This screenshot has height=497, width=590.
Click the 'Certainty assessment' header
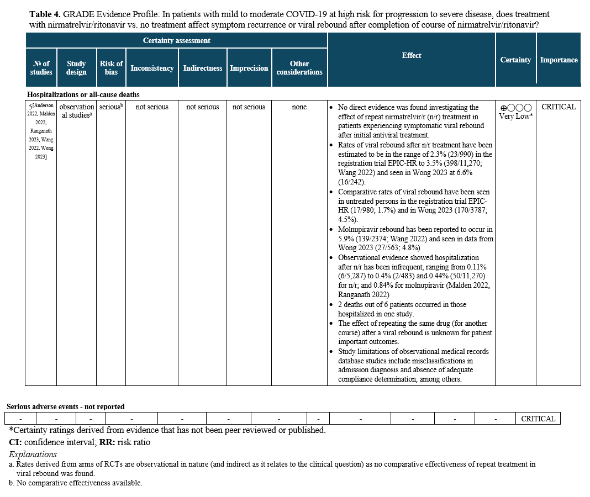[176, 40]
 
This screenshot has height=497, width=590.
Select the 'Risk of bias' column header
[111, 68]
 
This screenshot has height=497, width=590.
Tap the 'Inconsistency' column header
[152, 68]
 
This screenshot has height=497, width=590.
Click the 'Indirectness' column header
[202, 68]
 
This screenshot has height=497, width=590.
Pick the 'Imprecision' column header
[249, 68]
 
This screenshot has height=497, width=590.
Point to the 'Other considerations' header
[299, 68]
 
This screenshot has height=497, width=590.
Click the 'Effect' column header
[412, 55]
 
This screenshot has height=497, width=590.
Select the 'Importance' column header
[559, 60]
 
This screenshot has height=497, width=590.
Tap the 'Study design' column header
[76, 68]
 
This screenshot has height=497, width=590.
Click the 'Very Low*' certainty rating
[515, 117]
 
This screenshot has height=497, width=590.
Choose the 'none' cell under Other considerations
[299, 107]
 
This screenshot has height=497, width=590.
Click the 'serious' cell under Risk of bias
[110, 107]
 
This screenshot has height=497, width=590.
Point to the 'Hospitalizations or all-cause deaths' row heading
[83, 95]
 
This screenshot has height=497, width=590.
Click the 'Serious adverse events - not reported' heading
[66, 406]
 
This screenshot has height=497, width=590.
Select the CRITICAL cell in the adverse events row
[538, 419]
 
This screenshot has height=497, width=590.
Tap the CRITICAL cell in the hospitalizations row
[559, 107]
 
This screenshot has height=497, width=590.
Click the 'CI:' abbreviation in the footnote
[15, 442]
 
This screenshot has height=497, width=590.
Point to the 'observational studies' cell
[76, 111]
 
